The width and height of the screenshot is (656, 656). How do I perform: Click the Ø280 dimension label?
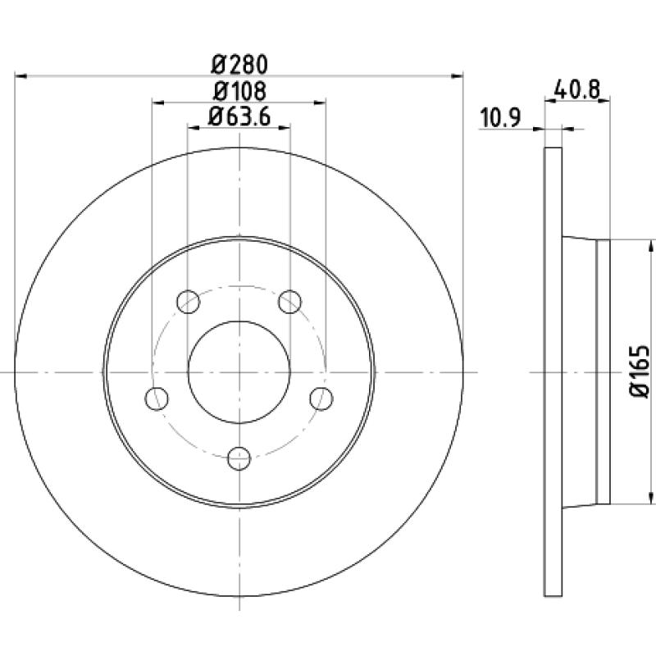coord(239,64)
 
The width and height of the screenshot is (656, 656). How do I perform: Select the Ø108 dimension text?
coord(239,91)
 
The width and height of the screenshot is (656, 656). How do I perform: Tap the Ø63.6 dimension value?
coord(239,116)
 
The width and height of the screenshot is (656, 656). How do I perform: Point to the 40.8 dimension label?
coord(576,89)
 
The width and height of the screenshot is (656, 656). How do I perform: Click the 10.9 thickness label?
coord(500,117)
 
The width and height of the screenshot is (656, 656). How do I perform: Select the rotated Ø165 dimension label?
coord(639,371)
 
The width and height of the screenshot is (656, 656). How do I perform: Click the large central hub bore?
coord(239,372)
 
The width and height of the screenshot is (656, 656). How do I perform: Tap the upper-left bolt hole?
coord(189,302)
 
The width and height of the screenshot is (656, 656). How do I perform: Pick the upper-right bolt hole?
coord(290,302)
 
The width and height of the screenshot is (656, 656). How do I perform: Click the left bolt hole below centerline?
coord(157,399)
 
